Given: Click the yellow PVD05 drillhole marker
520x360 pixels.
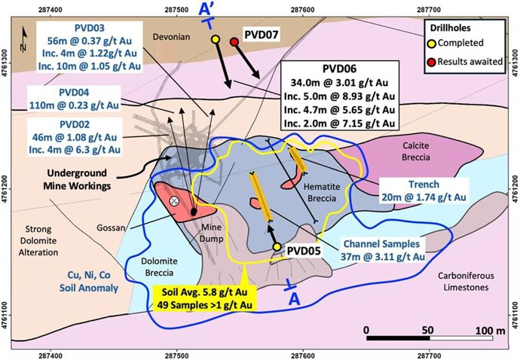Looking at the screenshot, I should click(x=277, y=247).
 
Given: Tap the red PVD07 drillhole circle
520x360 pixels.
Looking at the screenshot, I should click(x=234, y=41).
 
